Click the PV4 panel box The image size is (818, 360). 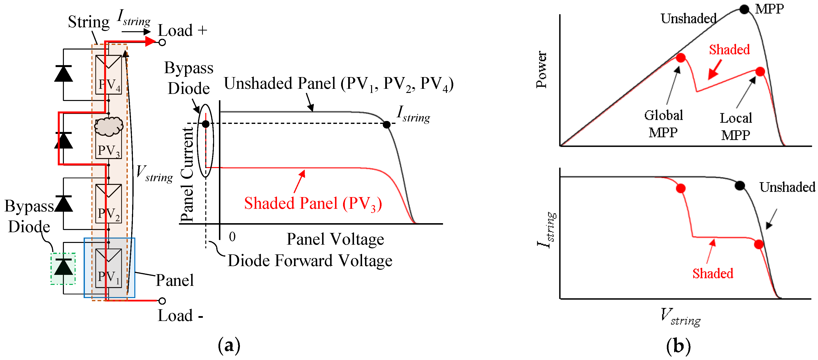(108, 75)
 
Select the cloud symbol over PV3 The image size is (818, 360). (108, 126)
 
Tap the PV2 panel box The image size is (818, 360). (108, 204)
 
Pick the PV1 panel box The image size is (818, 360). (108, 268)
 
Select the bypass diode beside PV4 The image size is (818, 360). (63, 74)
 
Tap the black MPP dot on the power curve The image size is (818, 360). (744, 9)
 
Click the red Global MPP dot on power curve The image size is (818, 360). (680, 58)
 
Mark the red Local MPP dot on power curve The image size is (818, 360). (760, 71)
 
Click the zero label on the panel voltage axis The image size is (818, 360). (232, 237)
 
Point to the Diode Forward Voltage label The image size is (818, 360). (310, 260)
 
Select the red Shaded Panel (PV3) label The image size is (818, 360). (313, 203)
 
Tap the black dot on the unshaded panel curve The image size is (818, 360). (386, 125)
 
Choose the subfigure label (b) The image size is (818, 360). (678, 346)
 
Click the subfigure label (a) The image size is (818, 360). (229, 346)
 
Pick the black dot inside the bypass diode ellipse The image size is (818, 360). (206, 124)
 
